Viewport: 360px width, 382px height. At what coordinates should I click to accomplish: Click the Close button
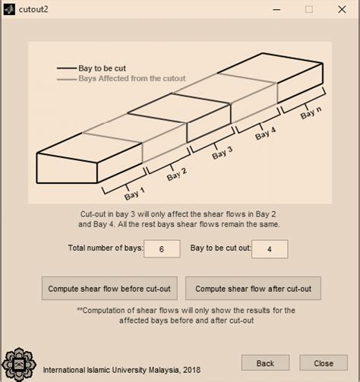click(x=324, y=363)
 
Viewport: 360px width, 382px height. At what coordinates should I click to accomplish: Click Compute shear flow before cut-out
click(x=109, y=289)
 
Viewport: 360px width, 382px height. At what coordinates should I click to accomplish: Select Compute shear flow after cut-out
click(x=253, y=289)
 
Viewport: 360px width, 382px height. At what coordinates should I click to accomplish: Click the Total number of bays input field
click(x=162, y=248)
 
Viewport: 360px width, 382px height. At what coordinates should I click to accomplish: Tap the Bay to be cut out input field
click(x=270, y=248)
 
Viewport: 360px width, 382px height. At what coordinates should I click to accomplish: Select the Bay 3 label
click(x=222, y=152)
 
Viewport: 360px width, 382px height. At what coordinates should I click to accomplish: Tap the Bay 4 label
click(x=265, y=133)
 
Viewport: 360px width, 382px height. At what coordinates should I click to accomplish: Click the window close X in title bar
click(x=342, y=10)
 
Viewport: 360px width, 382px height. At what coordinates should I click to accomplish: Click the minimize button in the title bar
click(x=274, y=10)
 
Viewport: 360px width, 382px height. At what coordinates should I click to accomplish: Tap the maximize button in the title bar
click(x=308, y=10)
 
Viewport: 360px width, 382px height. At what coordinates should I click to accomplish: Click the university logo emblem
click(x=20, y=364)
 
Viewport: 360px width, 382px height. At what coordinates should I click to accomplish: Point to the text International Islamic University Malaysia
click(x=122, y=370)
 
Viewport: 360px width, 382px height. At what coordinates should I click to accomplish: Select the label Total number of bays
click(x=105, y=248)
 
